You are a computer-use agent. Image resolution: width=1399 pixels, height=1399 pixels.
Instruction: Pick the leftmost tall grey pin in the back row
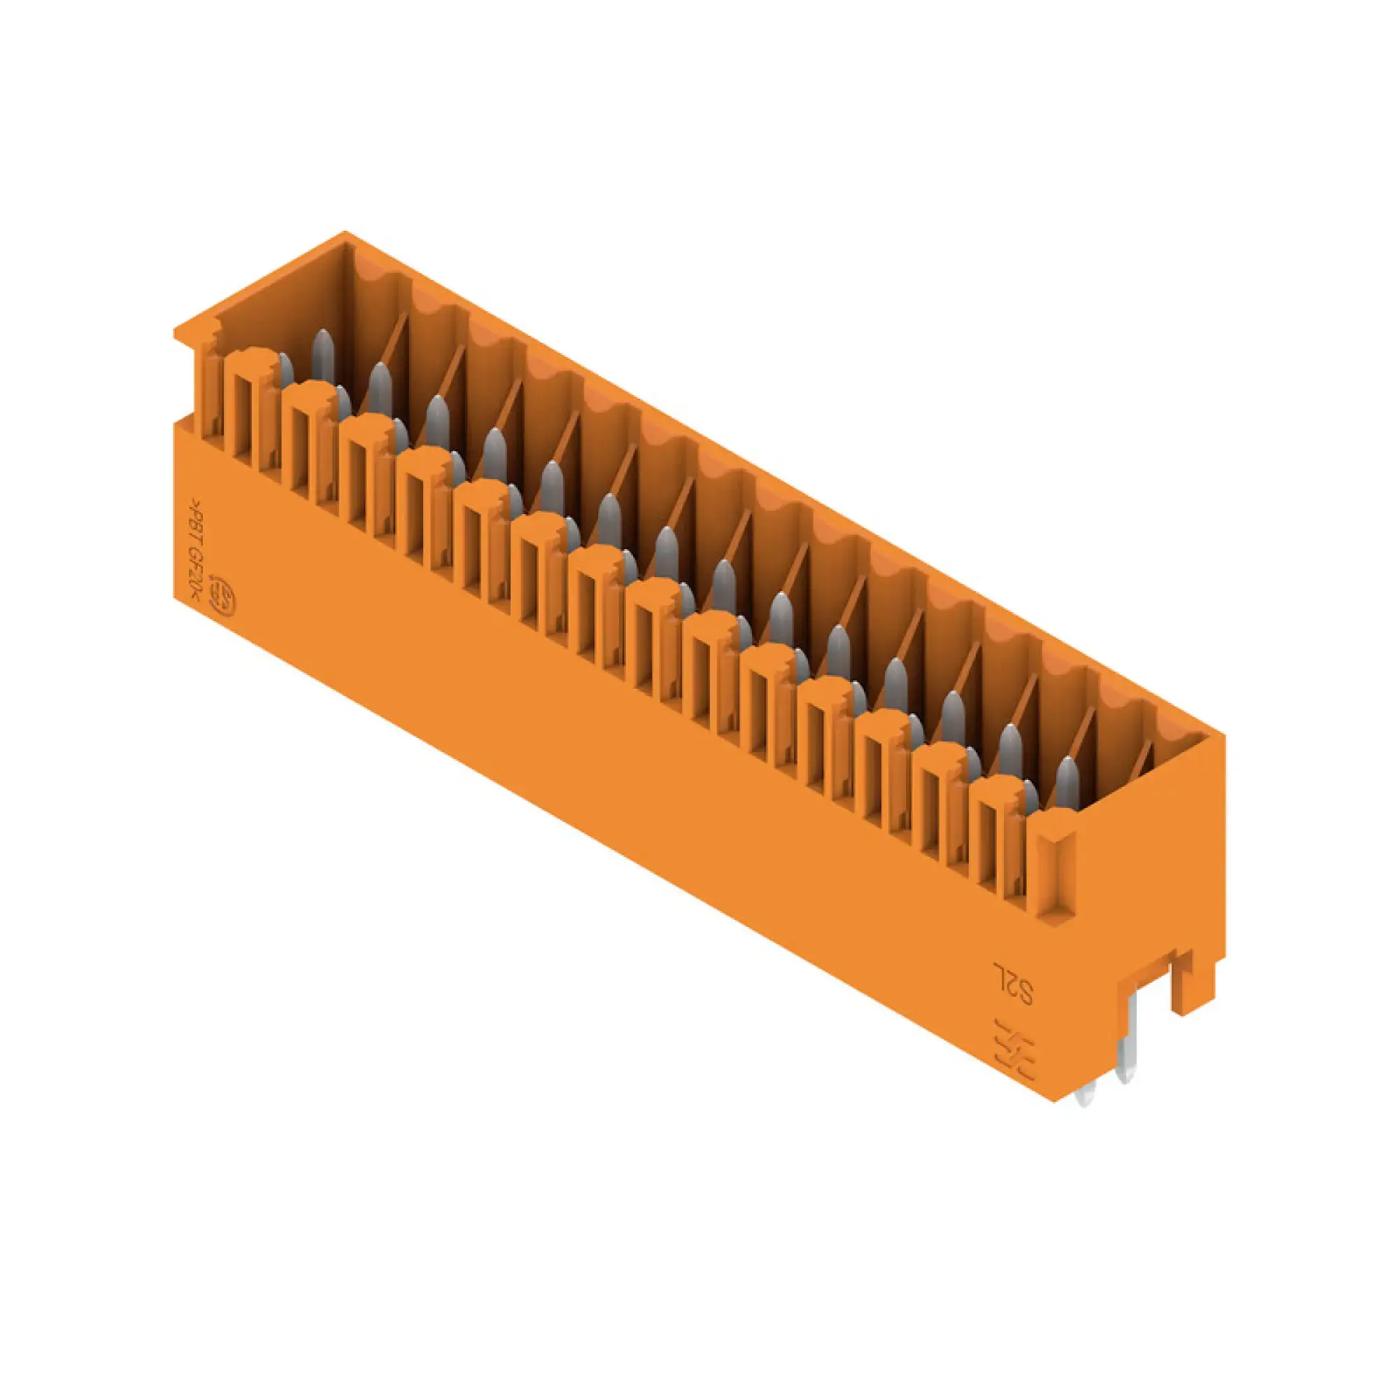tap(323, 355)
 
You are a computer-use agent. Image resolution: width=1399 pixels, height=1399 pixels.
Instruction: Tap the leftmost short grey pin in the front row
tap(286, 369)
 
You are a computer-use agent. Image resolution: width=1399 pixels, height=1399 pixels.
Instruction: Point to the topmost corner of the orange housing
tap(345, 233)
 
